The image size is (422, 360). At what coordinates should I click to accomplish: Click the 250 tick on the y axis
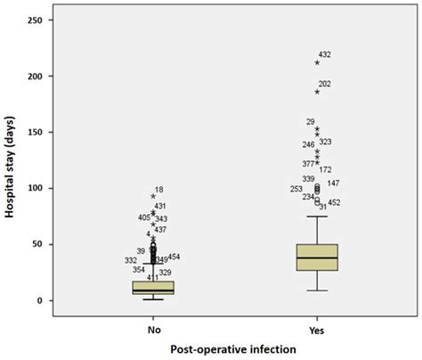pos(41,20)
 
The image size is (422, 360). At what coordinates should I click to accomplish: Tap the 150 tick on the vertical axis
pos(41,132)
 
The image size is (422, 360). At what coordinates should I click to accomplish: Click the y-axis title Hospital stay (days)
pos(12,160)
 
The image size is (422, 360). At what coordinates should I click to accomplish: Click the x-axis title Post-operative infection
pos(234,349)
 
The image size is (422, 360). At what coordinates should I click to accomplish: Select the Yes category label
pos(317,328)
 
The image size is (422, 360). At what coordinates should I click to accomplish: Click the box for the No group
pos(153,288)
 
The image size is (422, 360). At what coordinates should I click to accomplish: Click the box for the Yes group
pos(317,258)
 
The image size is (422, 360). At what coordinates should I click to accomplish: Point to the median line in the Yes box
pos(317,258)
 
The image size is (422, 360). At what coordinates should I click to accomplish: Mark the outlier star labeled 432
pos(317,62)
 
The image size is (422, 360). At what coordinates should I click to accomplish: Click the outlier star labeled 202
pos(317,92)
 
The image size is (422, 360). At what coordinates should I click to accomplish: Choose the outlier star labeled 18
pos(153,196)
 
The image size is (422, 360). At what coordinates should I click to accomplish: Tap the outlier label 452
pos(334,203)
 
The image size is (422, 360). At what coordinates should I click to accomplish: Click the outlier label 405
pos(144,217)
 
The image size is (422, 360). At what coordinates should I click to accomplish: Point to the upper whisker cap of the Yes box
pos(317,217)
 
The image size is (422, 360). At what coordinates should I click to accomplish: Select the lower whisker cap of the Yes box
pos(317,290)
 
